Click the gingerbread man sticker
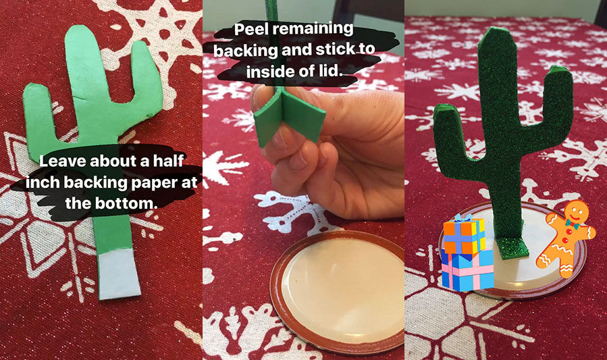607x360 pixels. click(566, 238)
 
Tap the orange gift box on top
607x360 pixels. click(464, 234)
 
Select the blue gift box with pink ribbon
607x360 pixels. click(468, 269)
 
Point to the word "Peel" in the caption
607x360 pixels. click(253, 30)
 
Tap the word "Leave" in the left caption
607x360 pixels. click(63, 161)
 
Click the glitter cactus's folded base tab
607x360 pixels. click(513, 247)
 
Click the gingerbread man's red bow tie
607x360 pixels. click(571, 224)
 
